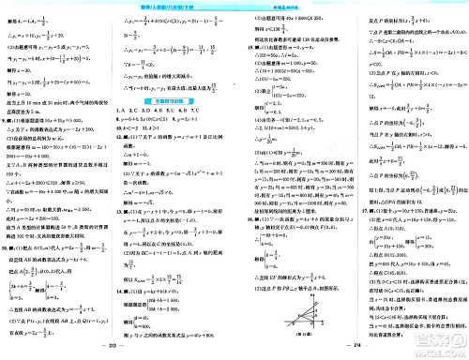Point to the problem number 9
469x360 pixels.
[x=7, y=108]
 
